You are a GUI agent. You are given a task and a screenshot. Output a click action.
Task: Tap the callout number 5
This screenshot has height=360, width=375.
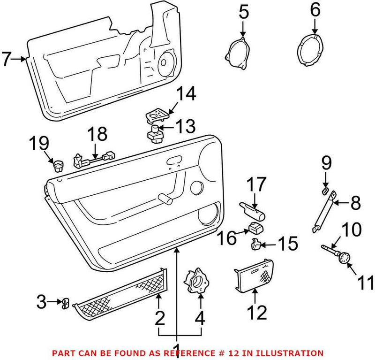(x=243, y=12)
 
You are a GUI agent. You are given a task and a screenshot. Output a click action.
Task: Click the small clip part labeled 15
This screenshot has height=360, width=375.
(x=255, y=244)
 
